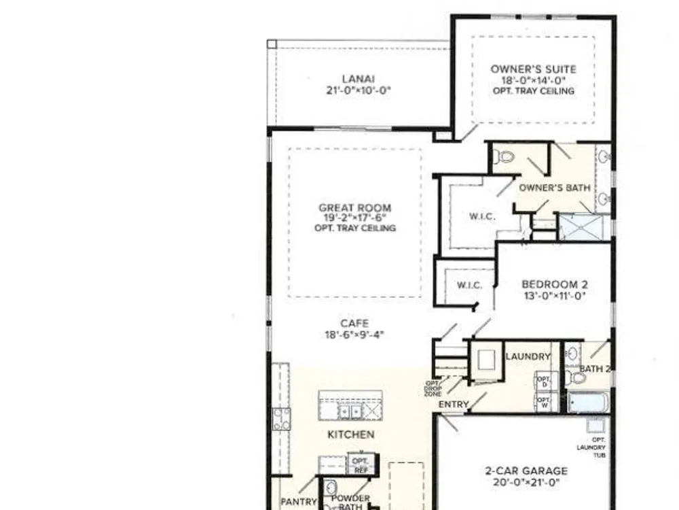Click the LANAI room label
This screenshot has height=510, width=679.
(x=358, y=79)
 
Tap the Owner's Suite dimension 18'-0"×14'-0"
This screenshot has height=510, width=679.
(x=534, y=81)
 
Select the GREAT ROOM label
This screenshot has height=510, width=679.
(x=355, y=207)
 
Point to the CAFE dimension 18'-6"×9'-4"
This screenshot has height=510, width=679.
(x=354, y=335)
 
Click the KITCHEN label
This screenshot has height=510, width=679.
(x=351, y=435)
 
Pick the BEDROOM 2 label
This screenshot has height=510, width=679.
(x=555, y=284)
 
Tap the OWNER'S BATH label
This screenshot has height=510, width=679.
(x=555, y=188)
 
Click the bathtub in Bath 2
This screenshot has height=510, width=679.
(x=588, y=403)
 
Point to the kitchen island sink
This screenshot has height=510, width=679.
(x=350, y=411)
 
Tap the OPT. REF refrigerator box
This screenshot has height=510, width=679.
(x=362, y=465)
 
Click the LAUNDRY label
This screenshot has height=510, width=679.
(x=528, y=356)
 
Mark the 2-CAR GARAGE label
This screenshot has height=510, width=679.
(x=526, y=471)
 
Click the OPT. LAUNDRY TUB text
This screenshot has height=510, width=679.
(x=591, y=447)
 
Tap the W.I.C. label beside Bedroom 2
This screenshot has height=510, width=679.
(x=469, y=286)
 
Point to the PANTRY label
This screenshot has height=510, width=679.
(x=299, y=502)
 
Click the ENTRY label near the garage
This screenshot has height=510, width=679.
(x=454, y=404)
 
